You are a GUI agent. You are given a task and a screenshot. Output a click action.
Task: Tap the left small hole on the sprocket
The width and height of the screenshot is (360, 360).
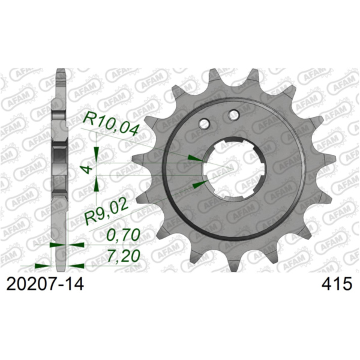[205, 123]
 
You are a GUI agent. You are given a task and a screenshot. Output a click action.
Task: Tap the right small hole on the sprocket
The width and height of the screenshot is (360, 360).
[234, 115]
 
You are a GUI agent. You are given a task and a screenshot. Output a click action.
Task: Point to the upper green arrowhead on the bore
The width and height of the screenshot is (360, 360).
[194, 157]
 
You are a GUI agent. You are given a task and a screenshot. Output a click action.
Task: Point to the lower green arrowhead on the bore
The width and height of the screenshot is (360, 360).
[200, 181]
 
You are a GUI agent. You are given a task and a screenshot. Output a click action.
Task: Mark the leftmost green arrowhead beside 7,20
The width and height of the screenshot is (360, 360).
[43, 265]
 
